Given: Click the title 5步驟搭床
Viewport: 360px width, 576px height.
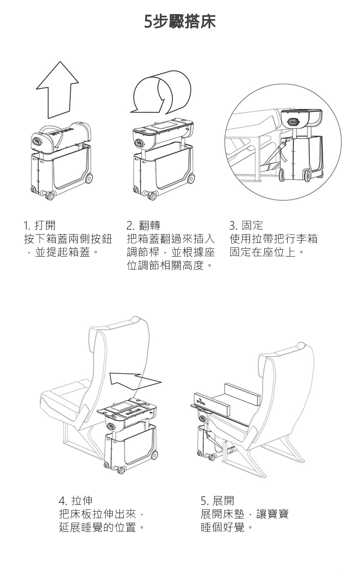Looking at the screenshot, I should click(180, 22).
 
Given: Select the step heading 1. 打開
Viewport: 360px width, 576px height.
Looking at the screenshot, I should click(39, 225).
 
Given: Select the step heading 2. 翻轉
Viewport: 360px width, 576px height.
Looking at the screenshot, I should click(143, 225).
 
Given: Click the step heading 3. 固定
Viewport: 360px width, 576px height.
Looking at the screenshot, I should click(246, 225).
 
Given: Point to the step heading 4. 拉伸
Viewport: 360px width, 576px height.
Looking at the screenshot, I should click(76, 500).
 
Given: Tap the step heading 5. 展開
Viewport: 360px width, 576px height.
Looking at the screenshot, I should click(218, 500).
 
